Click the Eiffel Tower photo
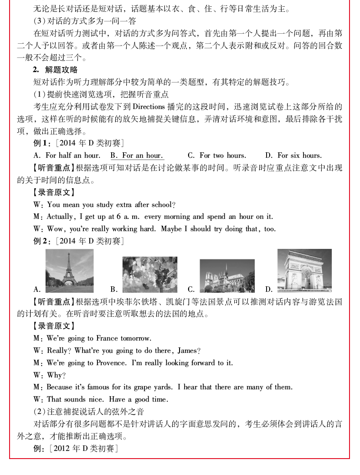coord(69,271)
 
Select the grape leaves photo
coord(149,274)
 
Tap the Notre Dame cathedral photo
coord(227,276)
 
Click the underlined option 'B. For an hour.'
coord(137,155)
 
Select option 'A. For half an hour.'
coord(67,155)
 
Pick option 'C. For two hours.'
coord(217,155)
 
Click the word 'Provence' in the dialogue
coord(111,363)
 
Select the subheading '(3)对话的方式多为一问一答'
coord(85,21)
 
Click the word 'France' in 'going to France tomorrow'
coord(107,338)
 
